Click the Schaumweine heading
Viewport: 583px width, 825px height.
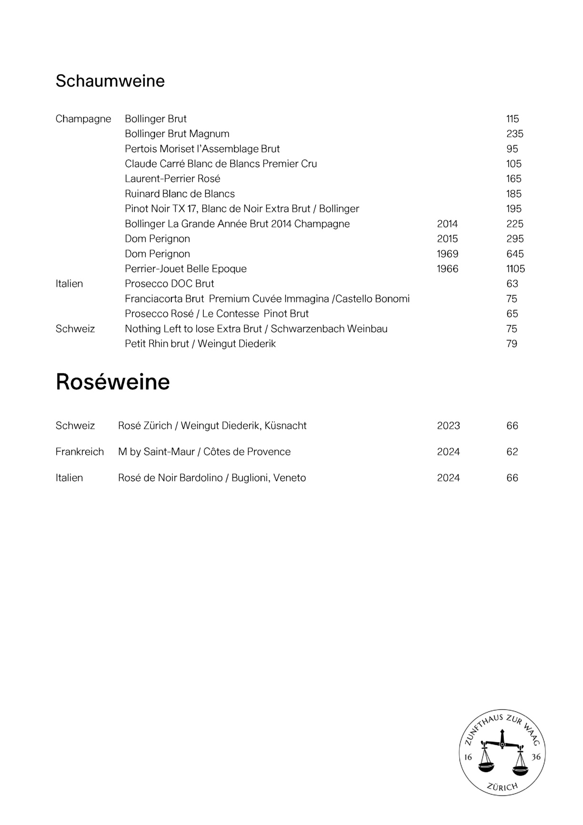(x=110, y=81)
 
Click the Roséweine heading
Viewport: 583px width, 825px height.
(x=112, y=382)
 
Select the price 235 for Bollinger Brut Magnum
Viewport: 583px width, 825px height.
(x=514, y=134)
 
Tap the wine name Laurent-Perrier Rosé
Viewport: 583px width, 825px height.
(x=172, y=179)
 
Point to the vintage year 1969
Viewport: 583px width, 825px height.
(x=447, y=254)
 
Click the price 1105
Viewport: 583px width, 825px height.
(x=515, y=269)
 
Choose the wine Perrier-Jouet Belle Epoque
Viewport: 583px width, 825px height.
(x=186, y=269)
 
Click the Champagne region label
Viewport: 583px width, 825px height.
(x=83, y=119)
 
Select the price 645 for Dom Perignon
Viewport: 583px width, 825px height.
(x=515, y=254)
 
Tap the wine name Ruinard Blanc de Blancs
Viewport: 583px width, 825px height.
(x=180, y=194)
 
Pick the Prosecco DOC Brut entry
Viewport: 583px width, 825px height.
(x=169, y=284)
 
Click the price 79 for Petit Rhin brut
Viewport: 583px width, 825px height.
(x=512, y=344)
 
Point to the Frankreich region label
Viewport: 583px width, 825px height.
(x=80, y=452)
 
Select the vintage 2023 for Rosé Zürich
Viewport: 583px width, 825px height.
(x=448, y=426)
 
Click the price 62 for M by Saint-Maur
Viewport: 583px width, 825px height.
(x=512, y=452)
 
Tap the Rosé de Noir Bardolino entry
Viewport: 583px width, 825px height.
(x=212, y=478)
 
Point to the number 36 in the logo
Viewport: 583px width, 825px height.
(x=536, y=757)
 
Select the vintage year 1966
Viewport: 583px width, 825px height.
(x=447, y=269)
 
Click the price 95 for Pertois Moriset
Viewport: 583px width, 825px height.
(x=512, y=149)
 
